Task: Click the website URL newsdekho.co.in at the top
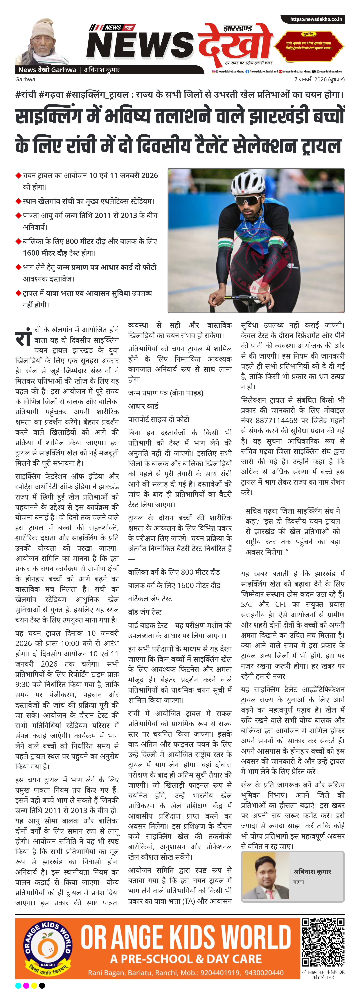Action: [316, 19]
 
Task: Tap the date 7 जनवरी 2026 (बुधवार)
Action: [319, 79]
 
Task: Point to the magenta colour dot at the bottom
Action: [26, 985]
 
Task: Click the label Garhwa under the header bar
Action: [25, 79]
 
